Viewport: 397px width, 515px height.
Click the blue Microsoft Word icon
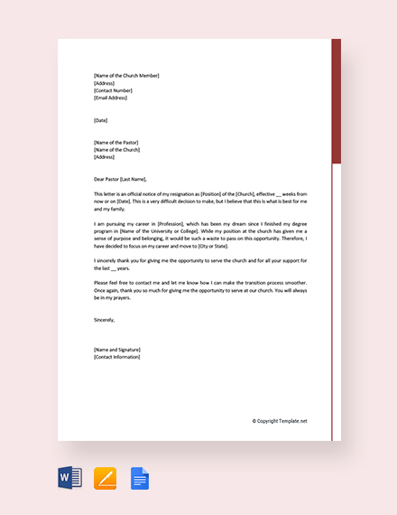[x=69, y=477]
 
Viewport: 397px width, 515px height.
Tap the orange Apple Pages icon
[x=105, y=477]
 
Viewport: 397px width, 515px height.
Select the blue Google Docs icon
[x=140, y=477]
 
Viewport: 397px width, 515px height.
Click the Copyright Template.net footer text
[x=280, y=421]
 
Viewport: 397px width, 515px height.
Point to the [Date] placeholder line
[x=100, y=120]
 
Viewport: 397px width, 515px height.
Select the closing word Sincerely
[x=104, y=319]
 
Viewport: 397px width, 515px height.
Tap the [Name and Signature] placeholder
[x=116, y=349]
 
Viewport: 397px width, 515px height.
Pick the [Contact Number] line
[x=113, y=90]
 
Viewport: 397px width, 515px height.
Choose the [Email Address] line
[x=112, y=98]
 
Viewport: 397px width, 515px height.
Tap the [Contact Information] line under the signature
[x=116, y=357]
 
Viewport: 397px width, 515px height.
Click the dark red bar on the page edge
[x=337, y=99]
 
